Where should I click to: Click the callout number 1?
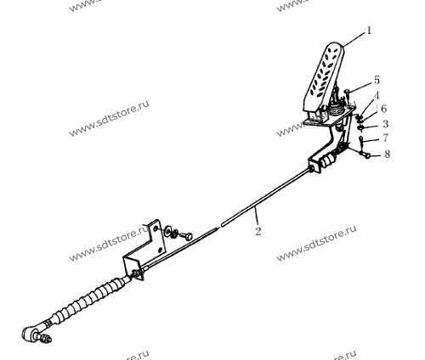[x=369, y=31]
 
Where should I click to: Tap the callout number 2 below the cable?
[x=258, y=231]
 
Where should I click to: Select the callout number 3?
[x=385, y=124]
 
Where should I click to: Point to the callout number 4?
[x=377, y=96]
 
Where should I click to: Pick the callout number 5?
[x=377, y=80]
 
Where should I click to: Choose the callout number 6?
[x=384, y=109]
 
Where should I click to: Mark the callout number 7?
[x=385, y=138]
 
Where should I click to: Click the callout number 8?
[x=387, y=154]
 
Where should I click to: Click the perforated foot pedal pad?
[x=324, y=77]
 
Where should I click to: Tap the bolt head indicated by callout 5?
[x=348, y=91]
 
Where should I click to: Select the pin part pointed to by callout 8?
[x=365, y=155]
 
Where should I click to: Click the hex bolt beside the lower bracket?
[x=185, y=235]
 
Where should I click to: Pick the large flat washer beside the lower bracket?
[x=167, y=229]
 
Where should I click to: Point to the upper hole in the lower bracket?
[x=156, y=228]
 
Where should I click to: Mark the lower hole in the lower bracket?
[x=160, y=250]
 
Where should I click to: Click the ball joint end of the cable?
[x=30, y=333]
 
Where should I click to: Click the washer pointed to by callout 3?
[x=361, y=127]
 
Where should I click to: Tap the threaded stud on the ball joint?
[x=45, y=338]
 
